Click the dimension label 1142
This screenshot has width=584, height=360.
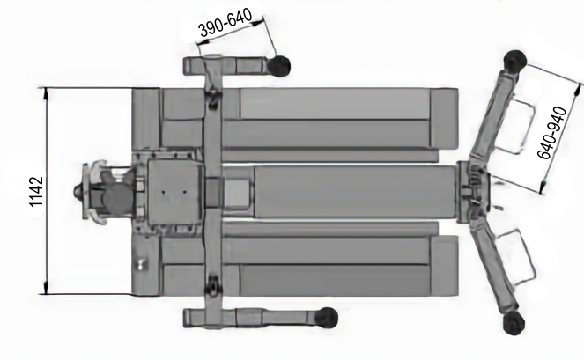pos(36,192)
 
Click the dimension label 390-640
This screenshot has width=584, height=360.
pos(225,23)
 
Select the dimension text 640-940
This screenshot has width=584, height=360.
pos(552,133)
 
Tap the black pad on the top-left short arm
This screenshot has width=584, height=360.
pos(278,66)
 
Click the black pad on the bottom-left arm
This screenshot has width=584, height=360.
pos(326,319)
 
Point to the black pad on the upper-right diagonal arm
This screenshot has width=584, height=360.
pos(515,61)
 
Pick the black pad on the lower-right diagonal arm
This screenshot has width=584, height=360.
pos(514,323)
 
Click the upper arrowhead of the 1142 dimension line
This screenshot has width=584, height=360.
pos(46,94)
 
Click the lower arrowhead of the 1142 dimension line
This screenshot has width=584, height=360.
pos(46,288)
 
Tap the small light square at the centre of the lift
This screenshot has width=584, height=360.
pos(236,193)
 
